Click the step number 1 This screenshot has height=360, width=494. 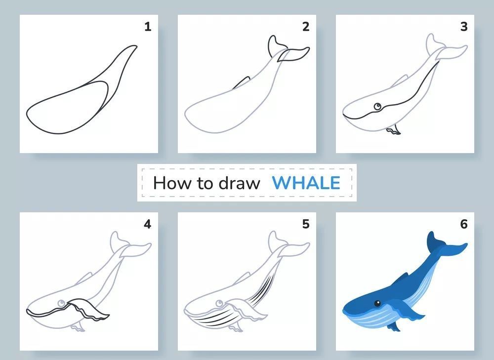tap(148, 27)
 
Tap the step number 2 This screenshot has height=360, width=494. tap(306, 27)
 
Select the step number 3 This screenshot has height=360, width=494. tap(464, 27)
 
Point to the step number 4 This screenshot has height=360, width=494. tap(147, 224)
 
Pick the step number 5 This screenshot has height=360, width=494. tap(306, 224)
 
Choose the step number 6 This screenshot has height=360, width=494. tap(464, 224)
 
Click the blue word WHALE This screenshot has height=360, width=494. tap(306, 183)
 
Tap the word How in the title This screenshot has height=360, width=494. tap(172, 183)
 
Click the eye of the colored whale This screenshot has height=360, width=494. tap(377, 304)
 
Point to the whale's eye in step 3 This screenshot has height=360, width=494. tap(377, 107)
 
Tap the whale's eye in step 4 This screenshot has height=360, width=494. tap(61, 304)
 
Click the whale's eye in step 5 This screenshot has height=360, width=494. tap(219, 304)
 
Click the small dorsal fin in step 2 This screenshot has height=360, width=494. tap(242, 83)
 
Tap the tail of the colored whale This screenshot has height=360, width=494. tap(445, 245)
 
